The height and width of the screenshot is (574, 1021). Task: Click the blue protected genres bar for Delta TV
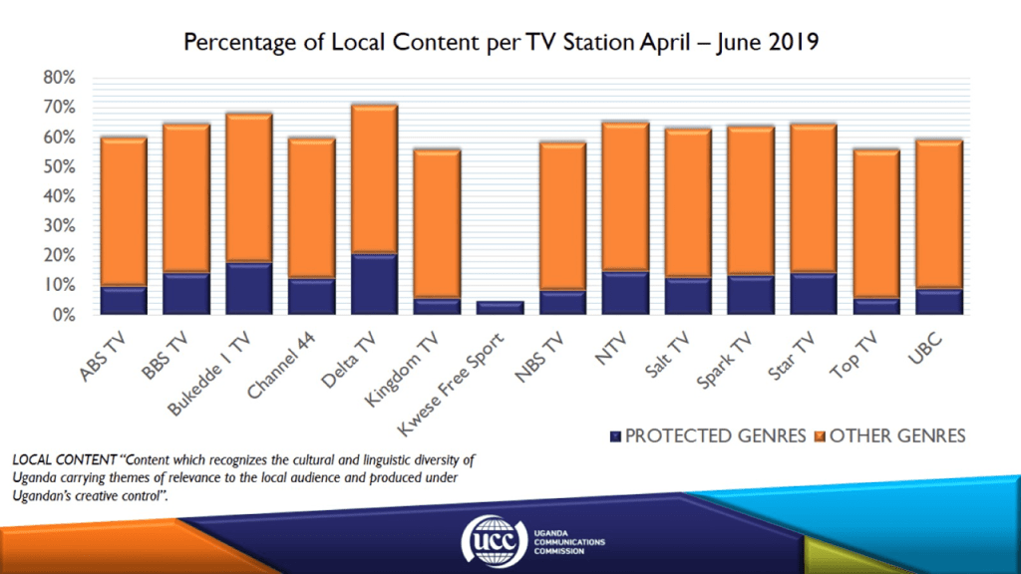pyautogui.click(x=374, y=285)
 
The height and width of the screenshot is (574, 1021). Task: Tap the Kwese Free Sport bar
pyautogui.click(x=501, y=308)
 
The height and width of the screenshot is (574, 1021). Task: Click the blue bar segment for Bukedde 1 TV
pyautogui.click(x=249, y=289)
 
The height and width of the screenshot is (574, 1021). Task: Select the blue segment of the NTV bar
pyautogui.click(x=626, y=293)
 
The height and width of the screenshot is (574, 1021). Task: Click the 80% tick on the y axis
pyautogui.click(x=59, y=77)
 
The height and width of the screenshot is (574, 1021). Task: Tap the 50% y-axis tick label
pyautogui.click(x=59, y=166)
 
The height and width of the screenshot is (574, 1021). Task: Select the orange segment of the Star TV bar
pyautogui.click(x=813, y=199)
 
